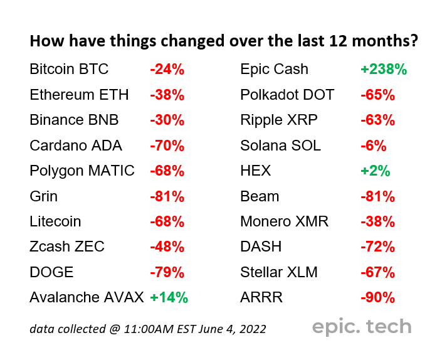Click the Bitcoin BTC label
(69, 69)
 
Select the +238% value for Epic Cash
(384, 70)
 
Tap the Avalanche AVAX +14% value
(169, 297)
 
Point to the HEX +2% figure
(376, 171)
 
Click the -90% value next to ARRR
(378, 297)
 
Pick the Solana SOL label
(280, 146)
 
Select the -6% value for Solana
(374, 146)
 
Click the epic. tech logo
(362, 327)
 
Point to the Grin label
(44, 196)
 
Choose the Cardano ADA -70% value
(167, 146)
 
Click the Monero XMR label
(284, 221)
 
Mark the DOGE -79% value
(167, 272)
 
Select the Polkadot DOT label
(287, 95)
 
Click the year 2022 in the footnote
(253, 329)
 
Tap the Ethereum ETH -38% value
(167, 95)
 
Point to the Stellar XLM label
(279, 272)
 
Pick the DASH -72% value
(378, 246)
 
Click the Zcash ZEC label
(67, 246)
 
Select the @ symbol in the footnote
(115, 329)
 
